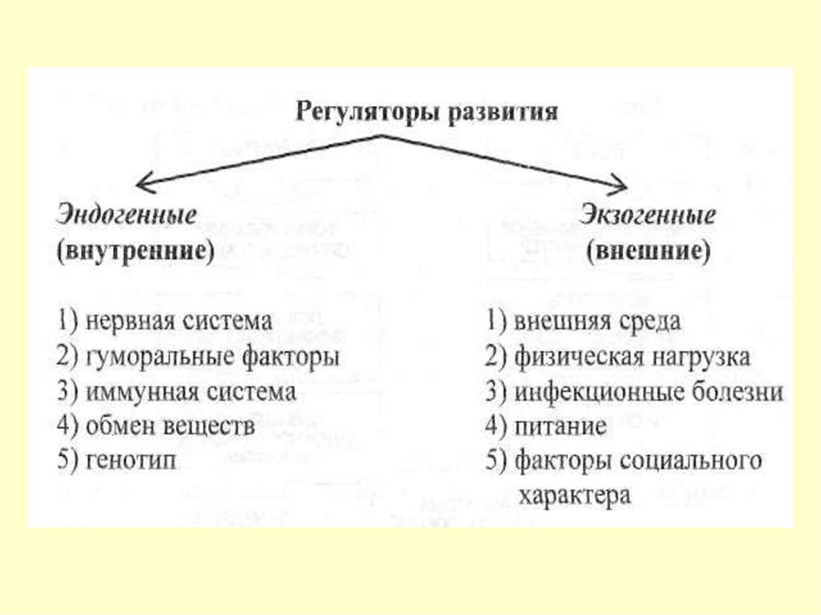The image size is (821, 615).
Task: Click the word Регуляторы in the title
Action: (363, 111)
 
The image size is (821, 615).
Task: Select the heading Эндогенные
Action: (127, 216)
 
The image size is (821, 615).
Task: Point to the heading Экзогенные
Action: (648, 216)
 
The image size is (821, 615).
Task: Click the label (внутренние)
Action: (135, 251)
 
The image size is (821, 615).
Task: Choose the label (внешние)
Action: (648, 251)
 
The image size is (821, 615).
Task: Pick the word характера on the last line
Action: (575, 496)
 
